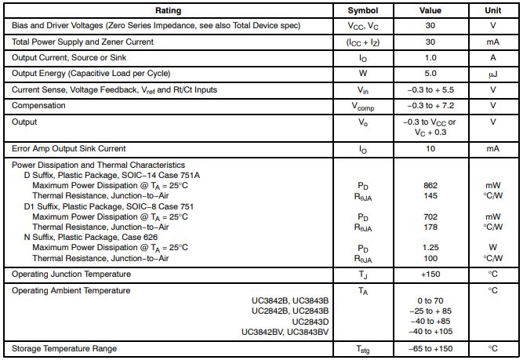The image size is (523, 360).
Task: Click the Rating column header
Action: coord(167,11)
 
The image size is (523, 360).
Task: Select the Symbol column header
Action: coord(362,11)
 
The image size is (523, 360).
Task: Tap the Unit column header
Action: coord(492,11)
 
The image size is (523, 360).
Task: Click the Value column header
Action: coord(430,11)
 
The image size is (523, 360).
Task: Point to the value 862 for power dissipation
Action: coord(430,186)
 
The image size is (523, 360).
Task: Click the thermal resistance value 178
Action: coord(430,227)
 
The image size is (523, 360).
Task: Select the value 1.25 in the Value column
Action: coord(430,248)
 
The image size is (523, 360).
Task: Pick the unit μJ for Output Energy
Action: coord(492,75)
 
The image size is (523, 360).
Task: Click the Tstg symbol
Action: coord(362,349)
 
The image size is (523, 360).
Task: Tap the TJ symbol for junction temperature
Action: coord(362,275)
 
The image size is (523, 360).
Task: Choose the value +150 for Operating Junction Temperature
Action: coord(430,275)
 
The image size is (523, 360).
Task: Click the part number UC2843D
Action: coord(311,322)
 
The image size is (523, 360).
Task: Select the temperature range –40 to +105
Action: coord(430,332)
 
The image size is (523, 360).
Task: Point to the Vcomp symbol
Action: coord(362,106)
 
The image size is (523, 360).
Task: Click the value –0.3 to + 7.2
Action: coord(430,105)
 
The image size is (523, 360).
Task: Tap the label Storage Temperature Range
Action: coord(64,348)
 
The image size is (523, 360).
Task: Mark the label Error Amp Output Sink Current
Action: coord(69,147)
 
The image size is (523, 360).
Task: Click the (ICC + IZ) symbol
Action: coord(362,42)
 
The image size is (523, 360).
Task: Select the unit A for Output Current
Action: coord(492,58)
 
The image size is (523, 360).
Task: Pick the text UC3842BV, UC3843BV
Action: coord(290,332)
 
